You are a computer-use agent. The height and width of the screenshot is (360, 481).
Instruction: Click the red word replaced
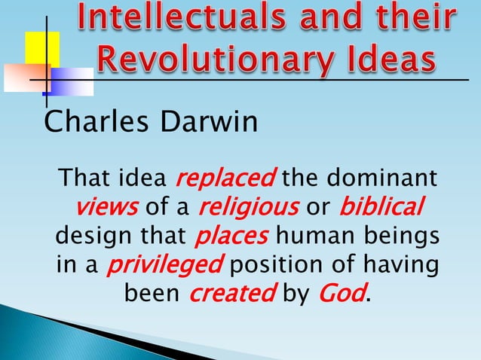coord(224,180)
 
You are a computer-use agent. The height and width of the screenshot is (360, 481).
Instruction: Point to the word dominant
coord(384,180)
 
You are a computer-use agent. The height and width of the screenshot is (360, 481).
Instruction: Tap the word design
coord(88,236)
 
